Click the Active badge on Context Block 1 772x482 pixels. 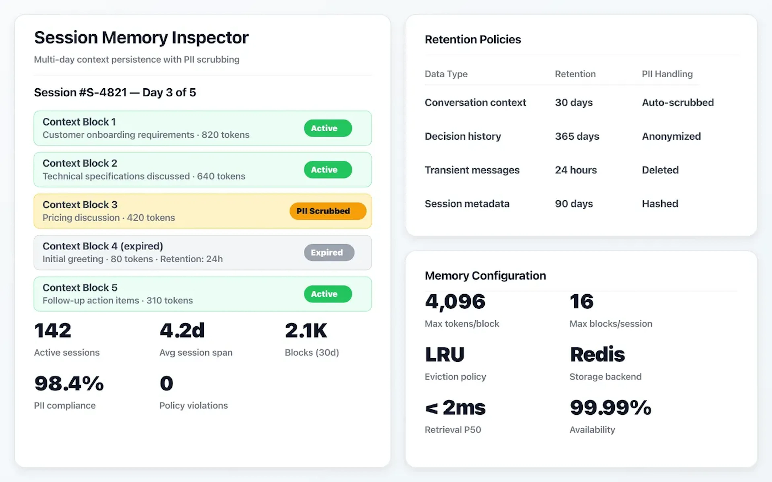[x=328, y=128]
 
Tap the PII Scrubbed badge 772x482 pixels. [x=328, y=211]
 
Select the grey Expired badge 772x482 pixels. [x=329, y=252]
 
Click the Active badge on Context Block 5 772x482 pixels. [x=328, y=294]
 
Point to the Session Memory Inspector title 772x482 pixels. [x=141, y=38]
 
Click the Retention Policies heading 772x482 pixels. [x=473, y=40]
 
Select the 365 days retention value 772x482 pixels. [x=577, y=136]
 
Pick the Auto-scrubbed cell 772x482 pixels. [x=678, y=103]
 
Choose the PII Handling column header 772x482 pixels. [x=667, y=74]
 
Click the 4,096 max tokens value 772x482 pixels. [x=455, y=302]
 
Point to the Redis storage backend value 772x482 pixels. [x=597, y=354]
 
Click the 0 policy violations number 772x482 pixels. [x=166, y=384]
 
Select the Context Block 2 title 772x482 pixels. [x=80, y=163]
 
